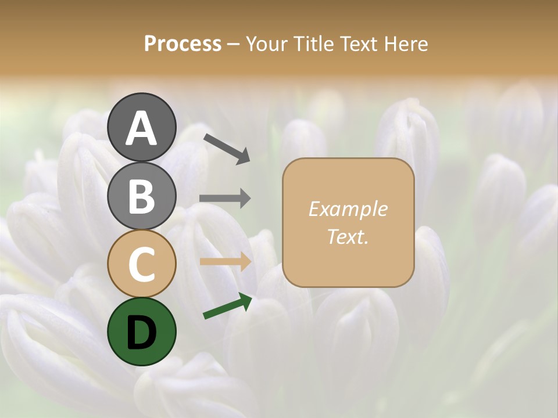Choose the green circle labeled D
tap(141, 331)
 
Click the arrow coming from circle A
tap(227, 149)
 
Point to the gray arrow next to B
tap(225, 199)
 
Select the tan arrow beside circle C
tap(226, 262)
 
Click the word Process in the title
tap(183, 44)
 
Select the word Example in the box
tap(348, 209)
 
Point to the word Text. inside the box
tap(348, 236)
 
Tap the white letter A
tap(141, 128)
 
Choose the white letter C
tap(141, 265)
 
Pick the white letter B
tap(141, 196)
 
